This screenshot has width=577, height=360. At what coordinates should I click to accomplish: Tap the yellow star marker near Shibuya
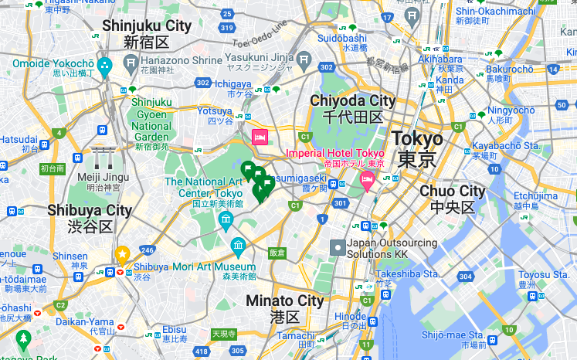coord(122,253)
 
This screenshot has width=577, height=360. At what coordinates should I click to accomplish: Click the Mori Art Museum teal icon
coord(239,247)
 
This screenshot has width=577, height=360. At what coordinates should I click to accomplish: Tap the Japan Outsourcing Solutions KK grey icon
coord(338,247)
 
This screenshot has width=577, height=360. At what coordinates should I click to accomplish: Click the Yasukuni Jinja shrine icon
coord(305,59)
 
